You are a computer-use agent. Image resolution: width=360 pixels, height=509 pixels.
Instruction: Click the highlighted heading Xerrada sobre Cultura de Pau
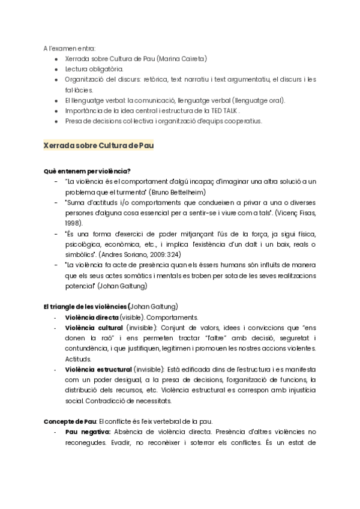98,146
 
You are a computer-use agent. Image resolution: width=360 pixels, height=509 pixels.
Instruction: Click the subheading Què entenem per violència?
86,171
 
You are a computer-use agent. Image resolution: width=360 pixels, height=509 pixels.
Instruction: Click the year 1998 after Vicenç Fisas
74,222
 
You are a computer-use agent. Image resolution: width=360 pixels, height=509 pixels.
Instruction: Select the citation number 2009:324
179,254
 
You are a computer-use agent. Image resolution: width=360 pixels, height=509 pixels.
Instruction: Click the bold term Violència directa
92,317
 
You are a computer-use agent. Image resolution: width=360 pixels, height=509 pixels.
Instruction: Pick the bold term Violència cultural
94,327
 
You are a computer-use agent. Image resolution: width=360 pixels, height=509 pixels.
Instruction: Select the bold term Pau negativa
88,431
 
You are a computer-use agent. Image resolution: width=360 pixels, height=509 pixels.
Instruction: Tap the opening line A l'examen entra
69,48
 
